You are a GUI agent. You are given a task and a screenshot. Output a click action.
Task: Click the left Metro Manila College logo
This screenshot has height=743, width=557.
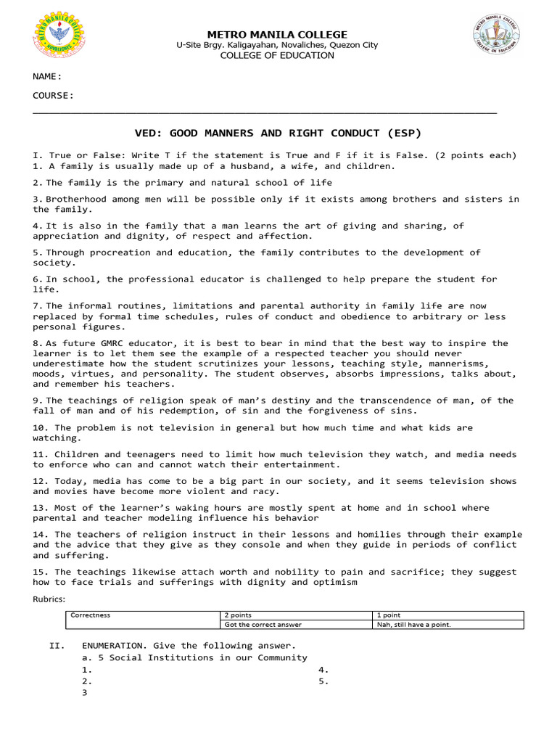(x=59, y=37)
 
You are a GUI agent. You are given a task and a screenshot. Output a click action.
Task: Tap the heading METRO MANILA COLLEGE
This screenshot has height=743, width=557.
(x=278, y=34)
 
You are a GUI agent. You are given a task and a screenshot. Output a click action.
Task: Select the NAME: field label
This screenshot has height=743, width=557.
(x=46, y=76)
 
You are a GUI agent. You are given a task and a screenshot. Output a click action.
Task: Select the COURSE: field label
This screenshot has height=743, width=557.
(x=53, y=95)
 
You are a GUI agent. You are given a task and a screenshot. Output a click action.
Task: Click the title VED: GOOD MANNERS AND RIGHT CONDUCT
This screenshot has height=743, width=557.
(x=278, y=133)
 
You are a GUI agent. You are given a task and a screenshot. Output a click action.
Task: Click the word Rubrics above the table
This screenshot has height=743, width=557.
(x=49, y=599)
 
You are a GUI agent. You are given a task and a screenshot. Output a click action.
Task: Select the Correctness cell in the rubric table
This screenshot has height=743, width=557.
(x=90, y=615)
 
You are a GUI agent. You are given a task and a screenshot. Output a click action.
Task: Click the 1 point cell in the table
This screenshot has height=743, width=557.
(x=389, y=615)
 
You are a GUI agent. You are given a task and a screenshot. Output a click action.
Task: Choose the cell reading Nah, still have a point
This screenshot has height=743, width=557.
(x=413, y=624)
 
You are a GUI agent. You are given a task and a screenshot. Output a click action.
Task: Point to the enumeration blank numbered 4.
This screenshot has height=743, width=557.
(x=324, y=670)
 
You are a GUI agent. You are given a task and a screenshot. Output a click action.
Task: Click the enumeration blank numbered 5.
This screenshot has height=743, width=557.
(x=324, y=681)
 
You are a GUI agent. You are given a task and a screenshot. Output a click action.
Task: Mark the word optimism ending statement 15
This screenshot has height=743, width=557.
(x=334, y=582)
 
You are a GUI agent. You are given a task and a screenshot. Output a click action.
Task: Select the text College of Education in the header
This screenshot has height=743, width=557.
(x=278, y=55)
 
